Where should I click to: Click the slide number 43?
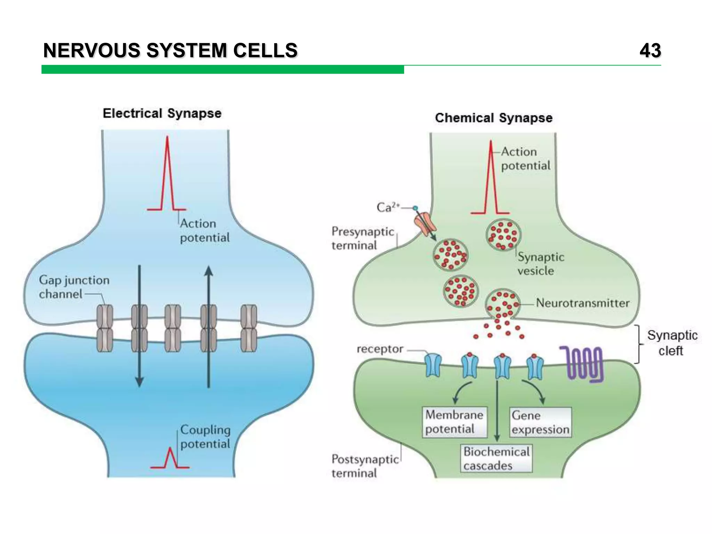pyautogui.click(x=650, y=51)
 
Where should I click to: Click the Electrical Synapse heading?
pyautogui.click(x=162, y=114)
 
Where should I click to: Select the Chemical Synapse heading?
pyautogui.click(x=493, y=118)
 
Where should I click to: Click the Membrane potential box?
pyautogui.click(x=454, y=422)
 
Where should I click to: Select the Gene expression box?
pyautogui.click(x=540, y=422)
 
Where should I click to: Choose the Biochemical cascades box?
pyautogui.click(x=496, y=459)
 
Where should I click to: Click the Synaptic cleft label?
pyautogui.click(x=672, y=343)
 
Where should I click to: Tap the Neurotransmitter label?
pyautogui.click(x=582, y=303)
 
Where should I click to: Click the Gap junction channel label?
pyautogui.click(x=74, y=287)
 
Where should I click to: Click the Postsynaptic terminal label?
pyautogui.click(x=364, y=466)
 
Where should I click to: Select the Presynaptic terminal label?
pyautogui.click(x=362, y=238)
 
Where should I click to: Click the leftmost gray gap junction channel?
pyautogui.click(x=105, y=328)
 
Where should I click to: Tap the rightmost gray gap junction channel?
pyautogui.click(x=249, y=328)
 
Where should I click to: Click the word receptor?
pyautogui.click(x=380, y=349)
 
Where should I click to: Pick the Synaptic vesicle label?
pyautogui.click(x=540, y=264)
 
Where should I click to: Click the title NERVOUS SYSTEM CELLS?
pyautogui.click(x=170, y=51)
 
